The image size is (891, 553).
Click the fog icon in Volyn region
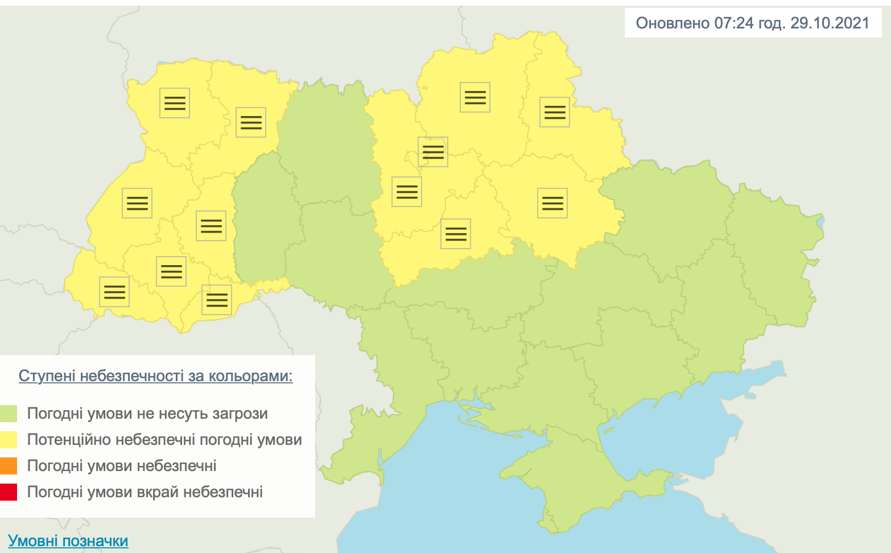(175, 103)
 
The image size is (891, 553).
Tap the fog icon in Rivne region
(251, 122)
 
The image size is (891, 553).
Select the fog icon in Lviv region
(137, 203)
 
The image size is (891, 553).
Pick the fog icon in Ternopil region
(211, 226)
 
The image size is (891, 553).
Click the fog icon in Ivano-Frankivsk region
(171, 271)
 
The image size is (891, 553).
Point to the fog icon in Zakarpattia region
(114, 292)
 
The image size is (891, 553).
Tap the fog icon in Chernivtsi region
(217, 300)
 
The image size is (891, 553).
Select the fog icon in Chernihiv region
(475, 97)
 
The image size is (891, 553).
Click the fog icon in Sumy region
(555, 112)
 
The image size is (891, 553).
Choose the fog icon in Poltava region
(552, 203)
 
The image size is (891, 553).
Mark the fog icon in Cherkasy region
(456, 234)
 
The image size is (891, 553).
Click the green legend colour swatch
(9, 414)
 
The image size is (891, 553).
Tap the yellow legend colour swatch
(9, 440)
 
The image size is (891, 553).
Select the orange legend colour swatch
(9, 466)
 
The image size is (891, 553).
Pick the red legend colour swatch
(9, 492)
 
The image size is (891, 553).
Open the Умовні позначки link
(68, 540)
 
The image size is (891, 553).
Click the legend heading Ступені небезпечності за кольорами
(155, 376)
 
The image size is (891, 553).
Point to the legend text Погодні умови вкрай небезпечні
(145, 492)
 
